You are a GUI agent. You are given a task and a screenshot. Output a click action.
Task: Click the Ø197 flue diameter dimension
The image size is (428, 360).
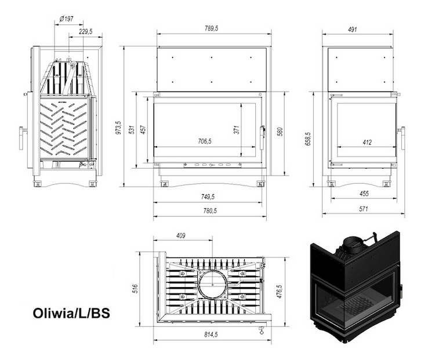click(x=66, y=19)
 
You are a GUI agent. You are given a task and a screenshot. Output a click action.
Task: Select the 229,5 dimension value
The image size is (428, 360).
click(x=86, y=31)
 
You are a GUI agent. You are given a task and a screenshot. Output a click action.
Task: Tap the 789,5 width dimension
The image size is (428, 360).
click(x=212, y=28)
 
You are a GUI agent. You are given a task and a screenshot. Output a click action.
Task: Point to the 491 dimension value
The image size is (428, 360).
click(x=353, y=30)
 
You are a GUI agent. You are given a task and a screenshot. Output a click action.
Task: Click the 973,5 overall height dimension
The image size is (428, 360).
click(x=118, y=128)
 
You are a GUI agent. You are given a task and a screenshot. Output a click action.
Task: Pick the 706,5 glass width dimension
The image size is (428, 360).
click(x=205, y=141)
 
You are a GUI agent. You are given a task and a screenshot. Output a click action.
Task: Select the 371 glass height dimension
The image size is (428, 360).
click(x=237, y=130)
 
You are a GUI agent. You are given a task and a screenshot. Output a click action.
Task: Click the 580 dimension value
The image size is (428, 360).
click(x=280, y=132)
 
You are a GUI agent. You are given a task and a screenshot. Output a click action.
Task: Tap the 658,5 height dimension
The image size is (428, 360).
click(x=308, y=139)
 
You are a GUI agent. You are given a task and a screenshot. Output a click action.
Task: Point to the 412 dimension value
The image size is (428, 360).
click(x=367, y=142)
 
